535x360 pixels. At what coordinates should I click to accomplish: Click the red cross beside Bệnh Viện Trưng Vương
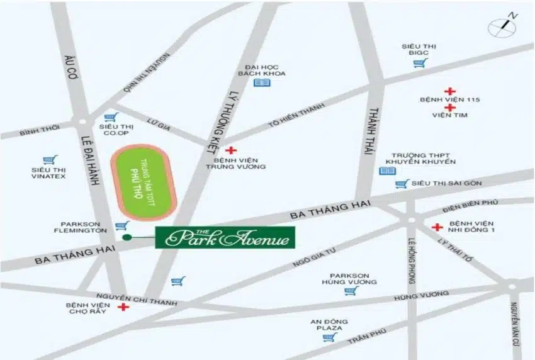231,150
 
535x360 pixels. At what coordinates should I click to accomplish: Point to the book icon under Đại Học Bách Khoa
262,82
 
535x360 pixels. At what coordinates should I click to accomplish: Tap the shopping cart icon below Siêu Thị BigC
419,63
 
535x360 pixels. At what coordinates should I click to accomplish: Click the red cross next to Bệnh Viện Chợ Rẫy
123,307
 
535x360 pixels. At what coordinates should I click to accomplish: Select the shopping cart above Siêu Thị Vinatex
49,160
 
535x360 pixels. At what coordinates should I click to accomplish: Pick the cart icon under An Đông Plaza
329,337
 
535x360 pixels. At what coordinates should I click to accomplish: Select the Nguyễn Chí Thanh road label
137,300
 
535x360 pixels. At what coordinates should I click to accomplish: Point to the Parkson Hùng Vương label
350,278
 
